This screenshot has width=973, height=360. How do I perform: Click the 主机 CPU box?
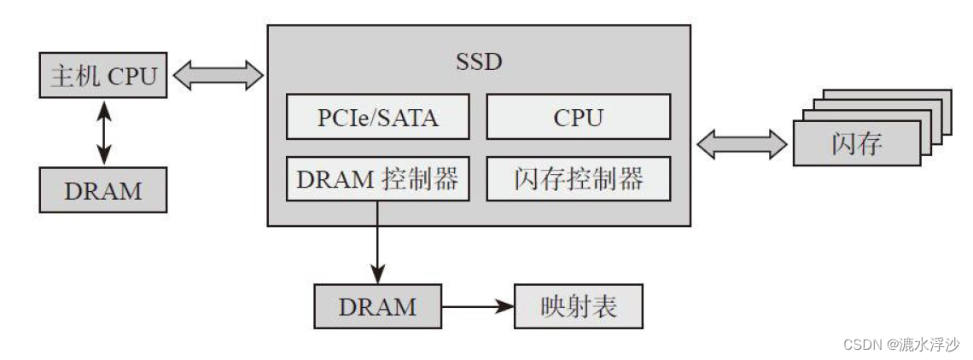coord(102,77)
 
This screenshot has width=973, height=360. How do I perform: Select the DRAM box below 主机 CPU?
coord(102,190)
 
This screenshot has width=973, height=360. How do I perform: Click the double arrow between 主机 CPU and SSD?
coord(218,75)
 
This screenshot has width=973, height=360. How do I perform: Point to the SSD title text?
coord(479,61)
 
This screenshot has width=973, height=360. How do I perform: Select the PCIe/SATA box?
coord(377,117)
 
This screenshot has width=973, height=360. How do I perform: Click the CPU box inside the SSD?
coord(578,117)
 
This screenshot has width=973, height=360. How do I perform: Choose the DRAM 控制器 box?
coord(377,179)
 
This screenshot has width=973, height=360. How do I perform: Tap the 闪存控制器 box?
coord(578,179)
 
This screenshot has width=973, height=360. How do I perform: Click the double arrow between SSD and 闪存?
coord(742,143)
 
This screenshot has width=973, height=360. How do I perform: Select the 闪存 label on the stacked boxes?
coord(856,143)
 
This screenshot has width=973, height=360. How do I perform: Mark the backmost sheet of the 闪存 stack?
coord(939,96)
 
